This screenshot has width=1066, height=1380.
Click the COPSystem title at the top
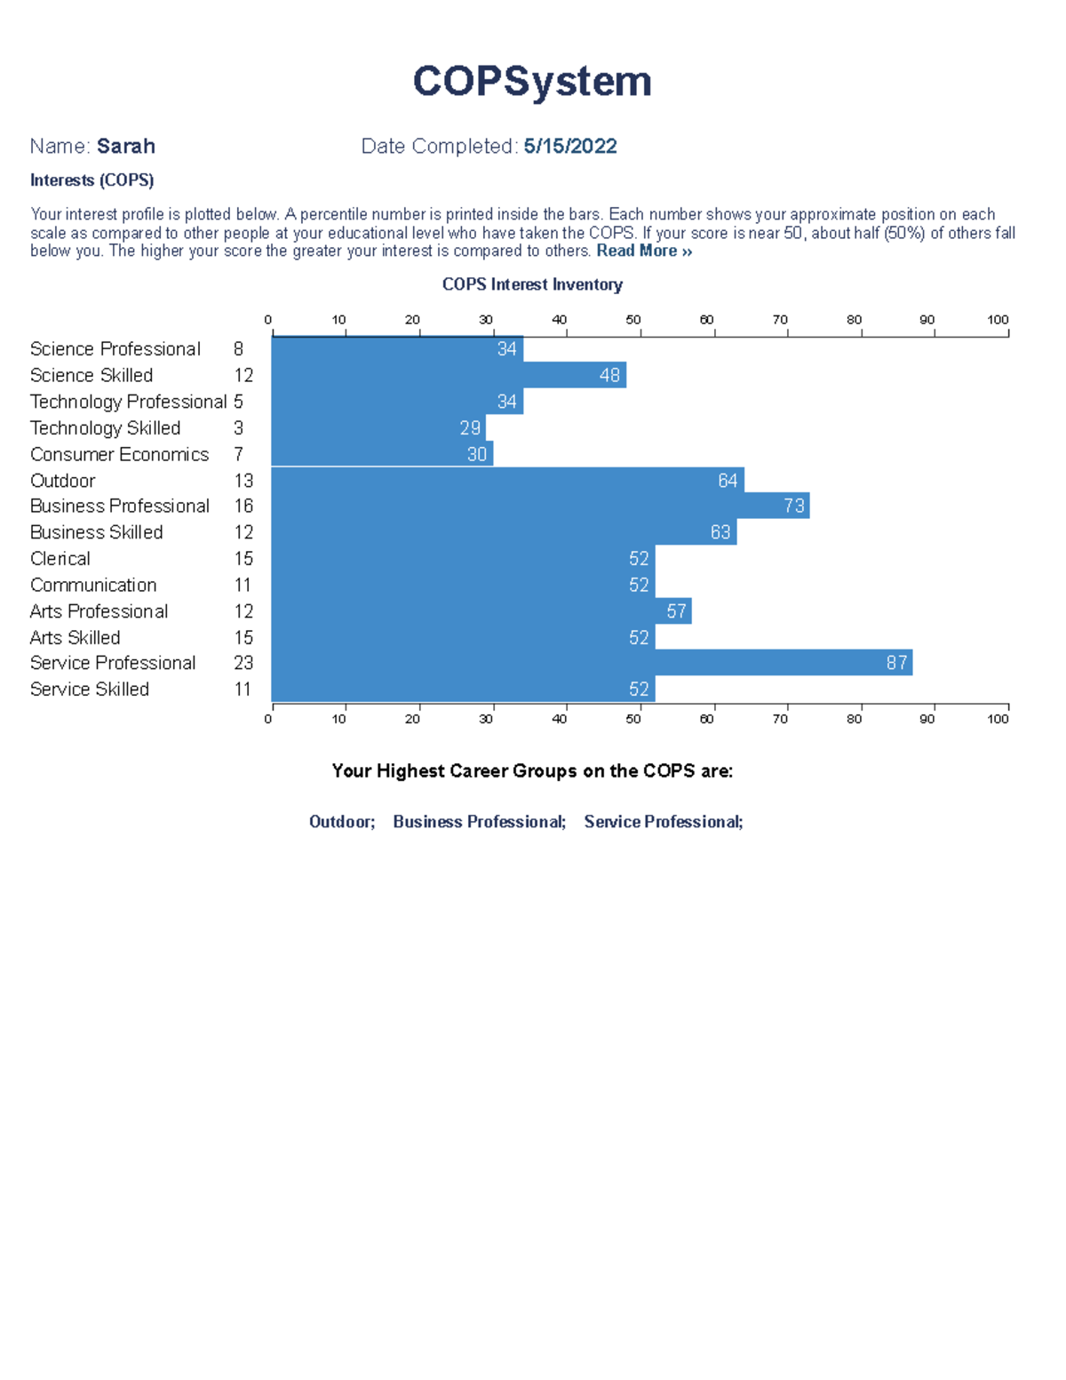(x=532, y=81)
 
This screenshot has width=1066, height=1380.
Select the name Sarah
(x=125, y=147)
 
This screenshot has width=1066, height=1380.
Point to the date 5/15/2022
(x=569, y=147)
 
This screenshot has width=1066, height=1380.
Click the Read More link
(x=643, y=251)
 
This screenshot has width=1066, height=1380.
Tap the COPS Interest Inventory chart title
(x=532, y=284)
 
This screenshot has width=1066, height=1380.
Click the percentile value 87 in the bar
(x=896, y=663)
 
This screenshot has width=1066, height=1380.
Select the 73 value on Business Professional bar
(x=793, y=507)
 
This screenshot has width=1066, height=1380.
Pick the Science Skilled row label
(x=91, y=376)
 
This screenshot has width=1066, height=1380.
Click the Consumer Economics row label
(x=119, y=455)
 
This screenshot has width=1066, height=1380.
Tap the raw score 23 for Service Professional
(x=243, y=663)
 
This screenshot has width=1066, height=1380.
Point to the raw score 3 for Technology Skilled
(x=239, y=428)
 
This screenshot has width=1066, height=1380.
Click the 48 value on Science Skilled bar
(x=609, y=376)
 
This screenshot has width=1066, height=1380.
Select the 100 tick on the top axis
(x=998, y=320)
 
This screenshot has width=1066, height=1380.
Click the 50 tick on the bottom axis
(x=632, y=719)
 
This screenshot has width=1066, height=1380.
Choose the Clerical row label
(x=60, y=559)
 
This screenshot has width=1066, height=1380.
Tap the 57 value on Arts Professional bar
(x=676, y=611)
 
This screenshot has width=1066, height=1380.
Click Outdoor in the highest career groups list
(x=341, y=822)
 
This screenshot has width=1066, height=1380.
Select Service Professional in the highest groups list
(x=663, y=822)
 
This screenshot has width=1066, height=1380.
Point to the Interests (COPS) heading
(x=91, y=180)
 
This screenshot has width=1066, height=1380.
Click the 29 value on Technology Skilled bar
(x=470, y=428)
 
